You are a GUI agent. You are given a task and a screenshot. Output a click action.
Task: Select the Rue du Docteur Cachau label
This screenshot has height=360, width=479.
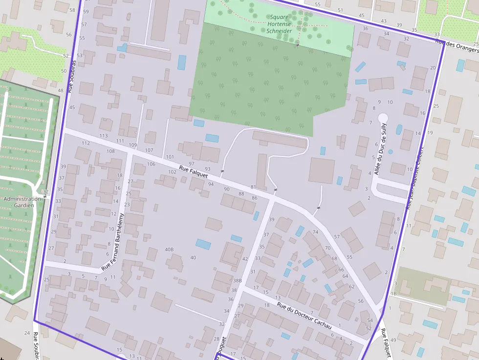(x=304, y=316)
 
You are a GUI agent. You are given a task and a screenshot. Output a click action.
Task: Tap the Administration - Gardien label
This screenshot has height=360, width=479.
(x=22, y=202)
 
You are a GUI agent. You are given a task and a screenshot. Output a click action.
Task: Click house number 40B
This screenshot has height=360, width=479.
(x=169, y=250)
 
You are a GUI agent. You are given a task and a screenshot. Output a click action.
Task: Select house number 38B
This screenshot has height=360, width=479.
(x=237, y=281)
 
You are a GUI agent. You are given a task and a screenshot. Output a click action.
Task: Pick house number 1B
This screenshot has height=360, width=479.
(x=393, y=294)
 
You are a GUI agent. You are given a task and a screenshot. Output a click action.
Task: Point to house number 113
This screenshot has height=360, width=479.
(x=103, y=136)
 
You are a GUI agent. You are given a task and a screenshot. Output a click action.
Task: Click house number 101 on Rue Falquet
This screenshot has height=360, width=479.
(x=170, y=157)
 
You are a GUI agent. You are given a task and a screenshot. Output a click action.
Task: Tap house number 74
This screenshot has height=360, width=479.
(x=315, y=232)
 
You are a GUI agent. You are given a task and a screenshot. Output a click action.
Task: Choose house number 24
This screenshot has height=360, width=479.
(x=27, y=333)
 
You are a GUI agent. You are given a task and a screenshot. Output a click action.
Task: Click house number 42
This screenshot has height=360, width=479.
(x=245, y=259)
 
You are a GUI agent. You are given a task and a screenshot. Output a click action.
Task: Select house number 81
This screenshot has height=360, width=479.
(x=253, y=187)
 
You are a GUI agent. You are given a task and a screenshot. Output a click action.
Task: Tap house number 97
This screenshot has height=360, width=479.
(x=192, y=164)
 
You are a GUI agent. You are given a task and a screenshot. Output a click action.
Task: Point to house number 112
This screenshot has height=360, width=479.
(x=86, y=143)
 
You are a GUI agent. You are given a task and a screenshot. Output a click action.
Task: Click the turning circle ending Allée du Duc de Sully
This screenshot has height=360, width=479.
(x=383, y=118)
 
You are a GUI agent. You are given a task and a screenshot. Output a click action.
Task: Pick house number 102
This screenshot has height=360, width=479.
(x=172, y=172)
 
